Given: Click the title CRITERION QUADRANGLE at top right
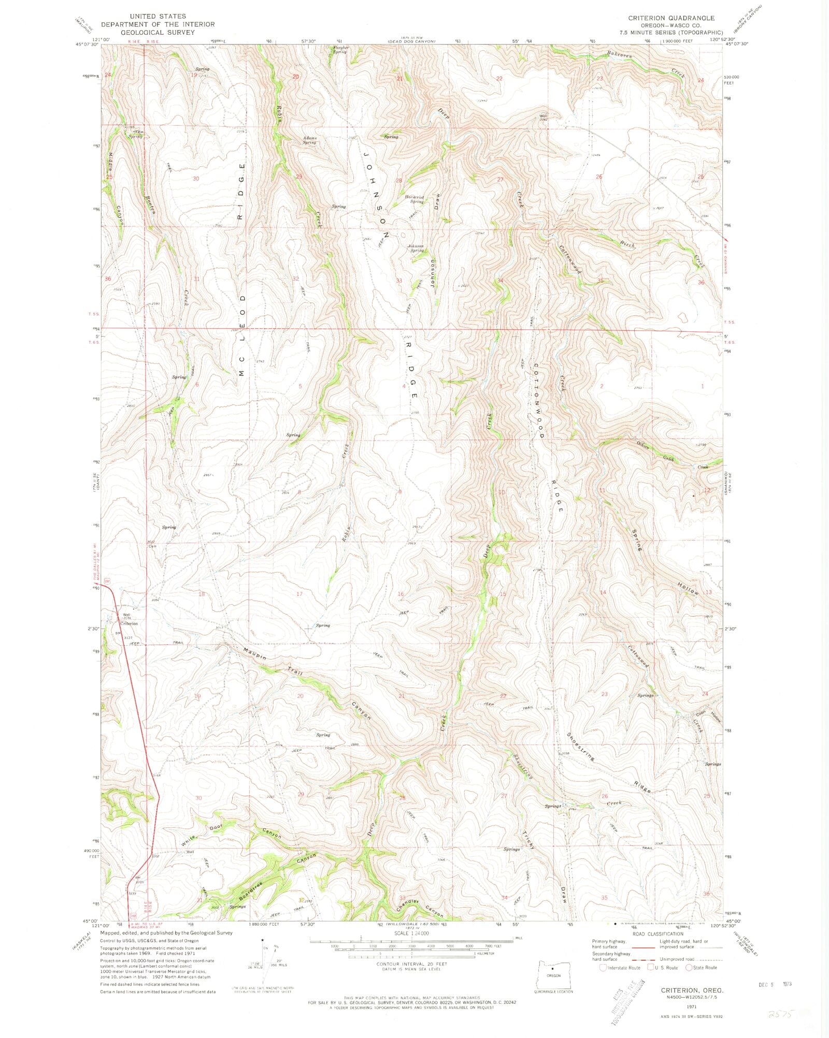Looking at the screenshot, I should pyautogui.click(x=671, y=18).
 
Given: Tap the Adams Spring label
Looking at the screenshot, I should pyautogui.click(x=310, y=140).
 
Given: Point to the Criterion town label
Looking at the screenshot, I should pyautogui.click(x=130, y=623).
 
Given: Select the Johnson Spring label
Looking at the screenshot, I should pyautogui.click(x=416, y=248).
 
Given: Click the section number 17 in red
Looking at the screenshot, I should pyautogui.click(x=299, y=594).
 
